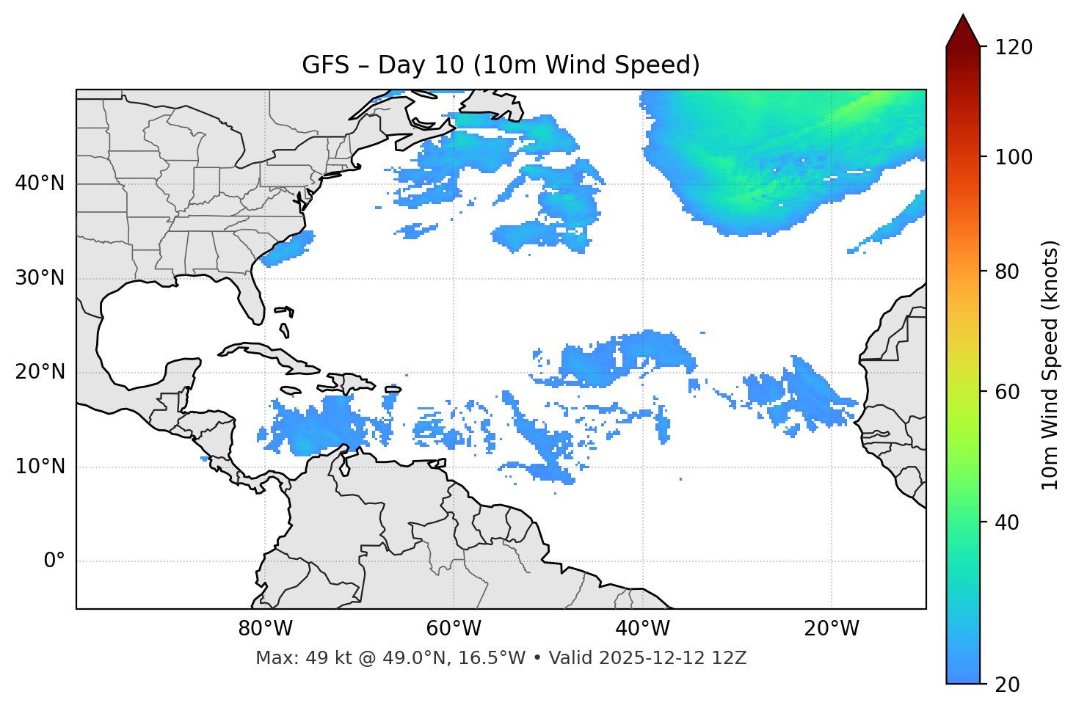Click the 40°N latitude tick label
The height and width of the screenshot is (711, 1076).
click(x=40, y=183)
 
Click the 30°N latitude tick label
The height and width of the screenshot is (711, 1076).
click(x=40, y=278)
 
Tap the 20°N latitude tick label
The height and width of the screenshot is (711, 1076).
click(x=40, y=372)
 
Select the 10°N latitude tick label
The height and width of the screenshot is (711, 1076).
click(x=40, y=467)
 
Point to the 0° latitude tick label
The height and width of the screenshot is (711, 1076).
click(x=54, y=561)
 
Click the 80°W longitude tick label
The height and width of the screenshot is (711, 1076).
click(x=265, y=629)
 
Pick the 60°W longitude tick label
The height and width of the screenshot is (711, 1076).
click(x=454, y=629)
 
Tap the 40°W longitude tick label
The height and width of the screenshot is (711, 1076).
click(x=642, y=629)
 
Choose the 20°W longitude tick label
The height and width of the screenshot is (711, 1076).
click(x=832, y=629)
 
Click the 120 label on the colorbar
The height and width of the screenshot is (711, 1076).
click(x=1014, y=48)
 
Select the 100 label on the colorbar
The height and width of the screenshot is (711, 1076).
click(x=1014, y=157)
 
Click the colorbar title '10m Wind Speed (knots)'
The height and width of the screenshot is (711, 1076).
click(x=1050, y=365)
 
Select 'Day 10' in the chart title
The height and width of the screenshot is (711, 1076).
click(x=421, y=65)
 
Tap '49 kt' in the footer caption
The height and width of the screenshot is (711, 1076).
click(x=325, y=658)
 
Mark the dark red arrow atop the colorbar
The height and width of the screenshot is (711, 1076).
click(x=963, y=32)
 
